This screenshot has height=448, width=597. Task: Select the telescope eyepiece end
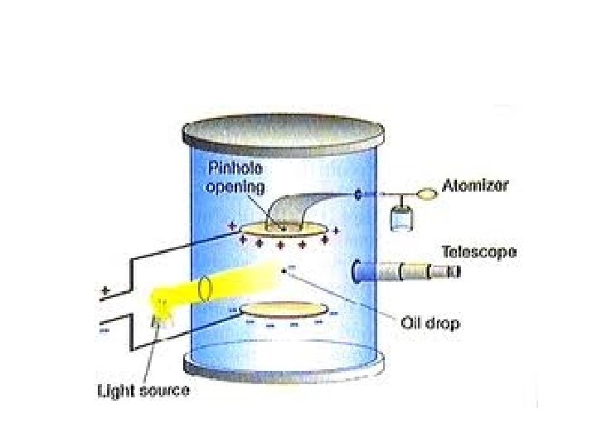coord(451,271)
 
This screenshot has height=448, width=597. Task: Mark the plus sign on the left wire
coord(104,293)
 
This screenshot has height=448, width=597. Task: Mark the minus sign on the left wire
coord(104,329)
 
